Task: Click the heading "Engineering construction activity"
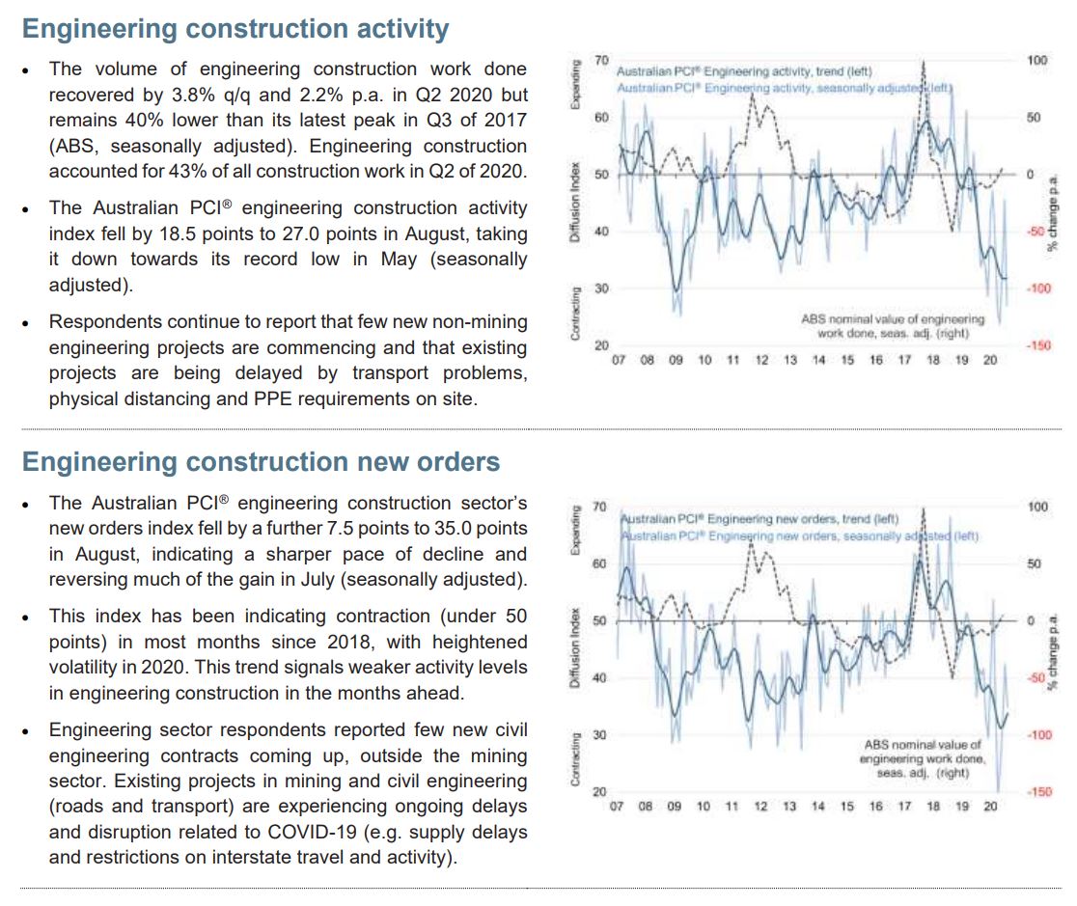tap(235, 29)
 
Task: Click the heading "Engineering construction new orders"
tap(261, 462)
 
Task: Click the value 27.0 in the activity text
tap(361, 233)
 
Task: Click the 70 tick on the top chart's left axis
tap(601, 61)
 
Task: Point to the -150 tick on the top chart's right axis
tap(1038, 345)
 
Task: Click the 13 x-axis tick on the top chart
tap(790, 360)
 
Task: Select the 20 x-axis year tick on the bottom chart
tap(990, 806)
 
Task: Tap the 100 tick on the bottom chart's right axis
tap(1037, 506)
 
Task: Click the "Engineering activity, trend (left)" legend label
tap(742, 72)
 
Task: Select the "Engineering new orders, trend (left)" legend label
tap(759, 518)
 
